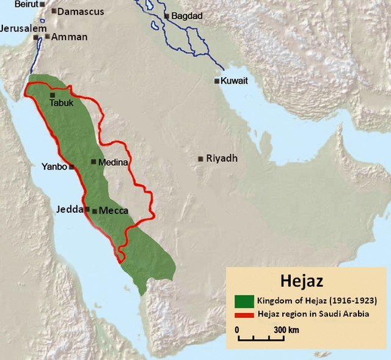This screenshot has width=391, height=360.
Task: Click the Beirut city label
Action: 18,4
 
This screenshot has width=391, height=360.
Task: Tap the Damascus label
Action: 81,11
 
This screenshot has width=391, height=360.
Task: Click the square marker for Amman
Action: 47,37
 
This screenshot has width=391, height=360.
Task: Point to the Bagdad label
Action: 187,16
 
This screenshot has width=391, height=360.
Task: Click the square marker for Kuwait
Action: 217,81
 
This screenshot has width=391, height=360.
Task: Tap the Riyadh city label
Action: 221,158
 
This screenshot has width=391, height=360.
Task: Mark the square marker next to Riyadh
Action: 200,159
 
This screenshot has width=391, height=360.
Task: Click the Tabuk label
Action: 61,103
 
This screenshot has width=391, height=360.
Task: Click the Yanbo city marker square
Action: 71,166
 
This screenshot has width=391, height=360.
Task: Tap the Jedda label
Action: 70,209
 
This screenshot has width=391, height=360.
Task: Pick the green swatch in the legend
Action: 244,301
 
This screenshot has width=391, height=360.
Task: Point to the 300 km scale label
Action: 286,331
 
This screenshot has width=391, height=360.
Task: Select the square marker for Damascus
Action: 54,11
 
